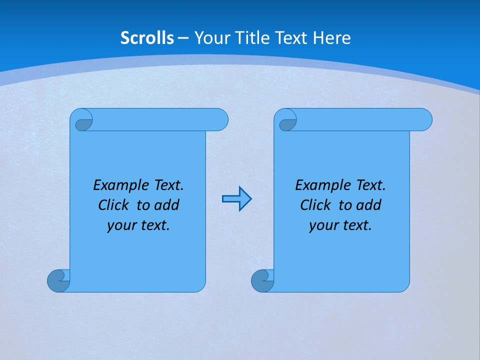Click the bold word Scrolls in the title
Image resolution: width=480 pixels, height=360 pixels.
[147, 38]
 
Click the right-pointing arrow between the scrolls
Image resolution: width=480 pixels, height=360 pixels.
[236, 199]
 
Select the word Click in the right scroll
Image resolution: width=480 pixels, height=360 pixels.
[315, 205]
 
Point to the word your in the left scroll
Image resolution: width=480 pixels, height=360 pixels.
[120, 225]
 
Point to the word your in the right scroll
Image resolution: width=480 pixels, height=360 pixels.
[322, 225]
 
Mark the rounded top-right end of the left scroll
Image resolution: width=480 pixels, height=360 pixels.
[220, 119]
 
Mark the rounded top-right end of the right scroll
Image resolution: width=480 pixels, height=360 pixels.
[424, 119]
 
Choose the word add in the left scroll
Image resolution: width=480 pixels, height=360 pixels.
[167, 205]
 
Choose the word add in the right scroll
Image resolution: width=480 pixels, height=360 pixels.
[369, 205]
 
